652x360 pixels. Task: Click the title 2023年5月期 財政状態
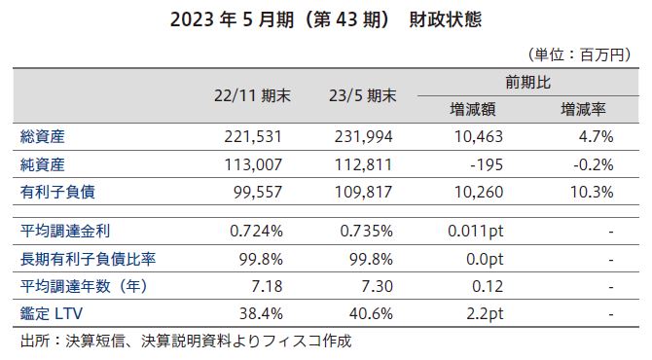point(325,19)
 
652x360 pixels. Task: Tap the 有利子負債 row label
point(55,193)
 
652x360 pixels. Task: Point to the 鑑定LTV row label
point(49,315)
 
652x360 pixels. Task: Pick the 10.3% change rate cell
point(593,193)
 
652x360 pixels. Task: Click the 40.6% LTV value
point(372,315)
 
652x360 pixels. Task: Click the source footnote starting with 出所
point(185,342)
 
